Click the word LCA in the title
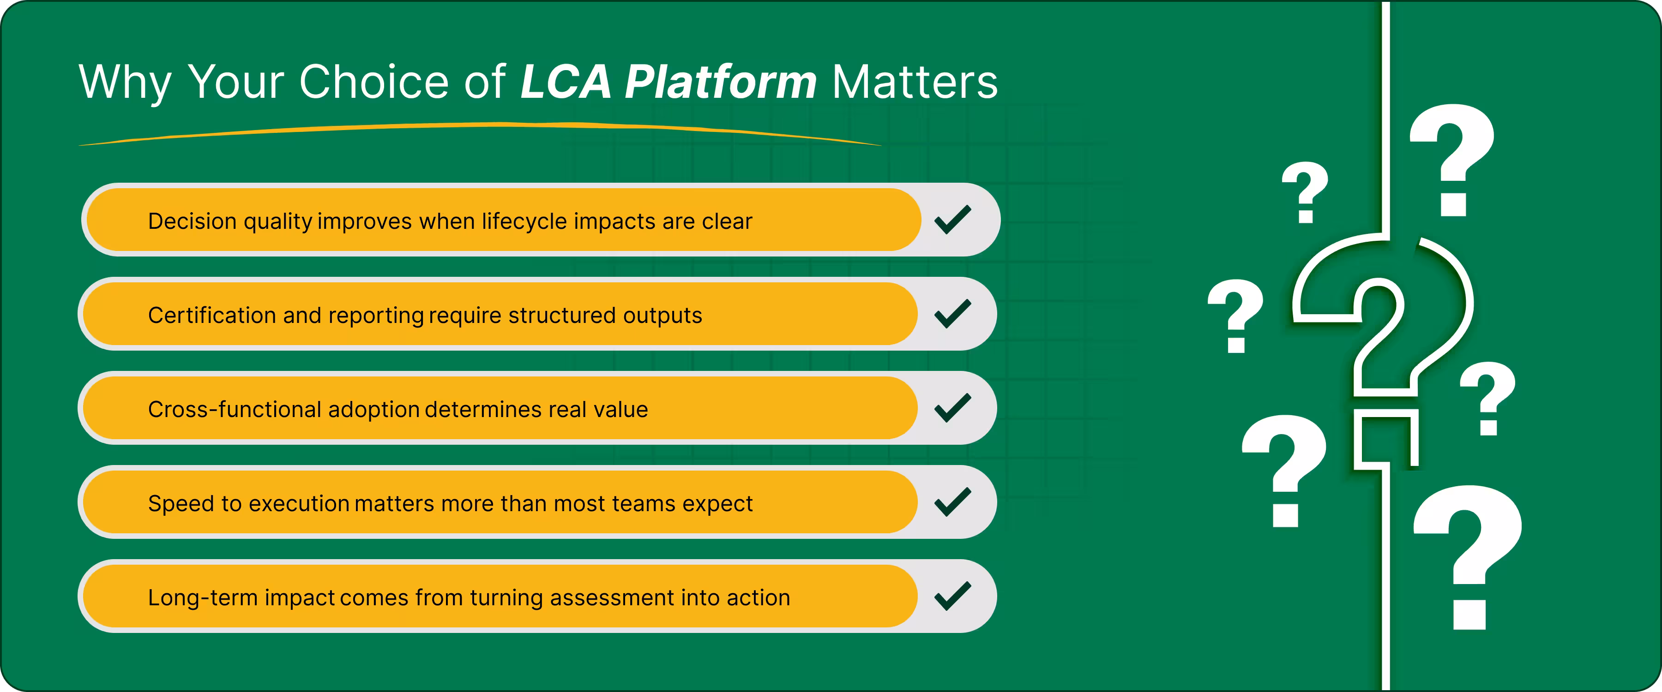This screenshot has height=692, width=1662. pos(565,82)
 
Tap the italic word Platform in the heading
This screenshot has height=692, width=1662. pos(721,82)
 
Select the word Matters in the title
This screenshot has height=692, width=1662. pos(915,82)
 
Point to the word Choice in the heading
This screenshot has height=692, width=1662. pos(374,82)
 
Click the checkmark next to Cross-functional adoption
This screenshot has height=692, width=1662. pos(953,408)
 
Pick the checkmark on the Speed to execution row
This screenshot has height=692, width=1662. pos(953,502)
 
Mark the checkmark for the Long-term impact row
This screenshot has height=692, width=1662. pos(953,596)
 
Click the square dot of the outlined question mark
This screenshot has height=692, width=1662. pos(1386,439)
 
